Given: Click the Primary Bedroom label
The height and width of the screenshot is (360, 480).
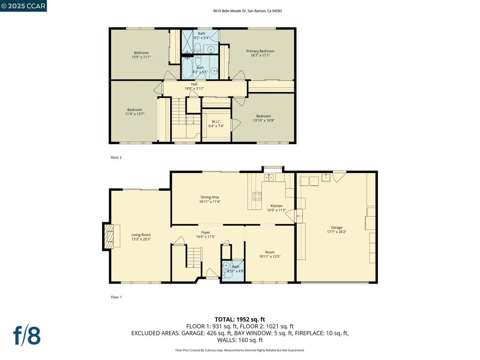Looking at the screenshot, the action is pyautogui.click(x=260, y=51).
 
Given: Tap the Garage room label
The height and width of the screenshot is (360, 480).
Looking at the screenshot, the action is pyautogui.click(x=337, y=227).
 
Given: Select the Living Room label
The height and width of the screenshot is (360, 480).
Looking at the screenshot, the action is pyautogui.click(x=141, y=235).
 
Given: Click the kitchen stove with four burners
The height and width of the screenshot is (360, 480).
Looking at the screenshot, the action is pyautogui.click(x=257, y=196).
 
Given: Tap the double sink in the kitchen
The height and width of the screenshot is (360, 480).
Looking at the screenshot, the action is pyautogui.click(x=269, y=177).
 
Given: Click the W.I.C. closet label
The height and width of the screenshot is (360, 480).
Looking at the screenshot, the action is pyautogui.click(x=216, y=121).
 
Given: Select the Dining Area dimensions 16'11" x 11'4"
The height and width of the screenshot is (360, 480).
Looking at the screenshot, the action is pyautogui.click(x=210, y=202).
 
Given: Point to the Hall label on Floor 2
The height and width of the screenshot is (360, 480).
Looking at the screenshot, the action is pyautogui.click(x=194, y=84).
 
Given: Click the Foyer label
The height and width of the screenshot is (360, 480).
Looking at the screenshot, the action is pyautogui.click(x=205, y=232).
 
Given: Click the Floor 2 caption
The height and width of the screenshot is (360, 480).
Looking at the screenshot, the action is pyautogui.click(x=116, y=157).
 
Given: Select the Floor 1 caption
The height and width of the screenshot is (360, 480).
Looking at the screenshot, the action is pyautogui.click(x=116, y=297).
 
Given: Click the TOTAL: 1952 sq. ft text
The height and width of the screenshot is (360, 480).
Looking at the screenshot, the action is pyautogui.click(x=240, y=320).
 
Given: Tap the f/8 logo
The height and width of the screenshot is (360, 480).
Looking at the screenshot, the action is pyautogui.click(x=27, y=336).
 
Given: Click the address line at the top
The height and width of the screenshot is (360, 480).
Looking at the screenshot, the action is pyautogui.click(x=247, y=11).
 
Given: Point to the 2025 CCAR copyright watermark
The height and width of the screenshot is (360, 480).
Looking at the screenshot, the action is pyautogui.click(x=23, y=6).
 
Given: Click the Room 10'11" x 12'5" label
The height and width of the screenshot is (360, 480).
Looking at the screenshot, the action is pyautogui.click(x=270, y=255).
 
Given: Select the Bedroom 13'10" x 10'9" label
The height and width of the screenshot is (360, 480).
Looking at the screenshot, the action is pyautogui.click(x=263, y=118).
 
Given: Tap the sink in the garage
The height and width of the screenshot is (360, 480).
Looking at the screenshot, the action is pyautogui.click(x=326, y=178).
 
